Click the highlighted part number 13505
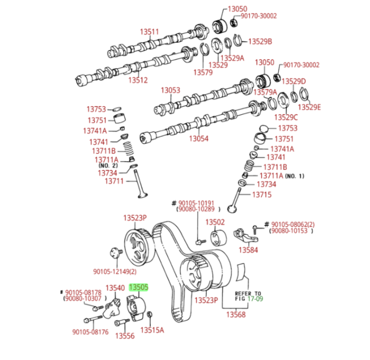pos(139,287)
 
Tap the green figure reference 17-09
pos(256,299)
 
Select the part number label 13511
pos(149,32)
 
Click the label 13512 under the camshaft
pos(138,80)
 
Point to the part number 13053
pos(171,90)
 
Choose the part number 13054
pos(199,138)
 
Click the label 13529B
pos(260,42)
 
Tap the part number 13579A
pos(265,92)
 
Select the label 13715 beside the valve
pos(262,195)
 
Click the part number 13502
pos(215,222)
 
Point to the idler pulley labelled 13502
pos(219,238)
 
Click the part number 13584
pos(248,250)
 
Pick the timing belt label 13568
pos(236,314)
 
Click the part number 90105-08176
pos(90,332)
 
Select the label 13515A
pos(152,330)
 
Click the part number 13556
pos(125,336)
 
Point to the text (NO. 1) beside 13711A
pos(295,176)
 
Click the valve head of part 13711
pos(143,195)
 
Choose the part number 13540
pos(115,288)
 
